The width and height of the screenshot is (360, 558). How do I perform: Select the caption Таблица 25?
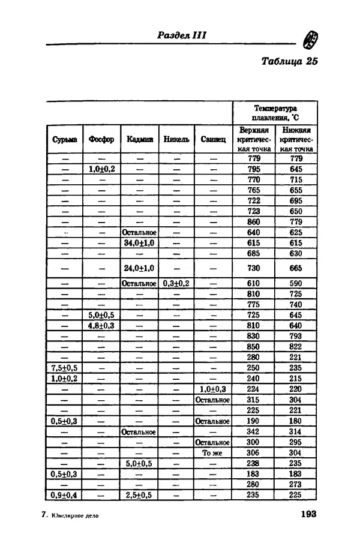pos(289,61)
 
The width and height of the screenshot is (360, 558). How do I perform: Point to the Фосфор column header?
pos(101,139)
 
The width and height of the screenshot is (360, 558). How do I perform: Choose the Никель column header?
pos(176,139)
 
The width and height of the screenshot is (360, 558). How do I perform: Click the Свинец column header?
pos(213,139)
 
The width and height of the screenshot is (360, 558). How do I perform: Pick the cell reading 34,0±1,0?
pos(139,243)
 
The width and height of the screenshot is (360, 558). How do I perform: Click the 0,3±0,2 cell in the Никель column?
pos(176,283)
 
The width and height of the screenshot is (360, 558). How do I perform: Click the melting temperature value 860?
pos(254,221)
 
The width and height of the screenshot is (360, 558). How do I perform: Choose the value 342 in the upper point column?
pos(254,432)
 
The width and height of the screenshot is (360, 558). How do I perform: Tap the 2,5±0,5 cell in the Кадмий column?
pos(139,495)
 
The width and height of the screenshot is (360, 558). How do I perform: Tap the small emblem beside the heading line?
pos(311,40)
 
